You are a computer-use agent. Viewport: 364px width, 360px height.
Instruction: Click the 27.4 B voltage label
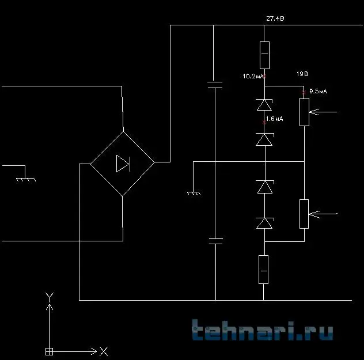click(275, 19)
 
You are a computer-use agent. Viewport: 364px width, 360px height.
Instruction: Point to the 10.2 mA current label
click(253, 76)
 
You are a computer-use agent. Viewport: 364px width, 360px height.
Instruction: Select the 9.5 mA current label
click(318, 91)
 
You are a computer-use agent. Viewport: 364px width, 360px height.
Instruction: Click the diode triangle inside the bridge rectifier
click(123, 164)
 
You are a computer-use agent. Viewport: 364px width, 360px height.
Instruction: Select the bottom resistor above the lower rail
click(264, 269)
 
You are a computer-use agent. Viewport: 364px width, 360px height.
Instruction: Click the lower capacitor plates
click(215, 240)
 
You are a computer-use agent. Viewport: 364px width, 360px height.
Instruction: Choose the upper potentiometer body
click(304, 112)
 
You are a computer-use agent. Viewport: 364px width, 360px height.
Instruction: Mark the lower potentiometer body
click(304, 214)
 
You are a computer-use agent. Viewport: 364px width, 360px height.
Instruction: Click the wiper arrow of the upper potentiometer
click(324, 112)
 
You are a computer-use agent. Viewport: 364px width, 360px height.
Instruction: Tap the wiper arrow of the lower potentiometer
click(324, 214)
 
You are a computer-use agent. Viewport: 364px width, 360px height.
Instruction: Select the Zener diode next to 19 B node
click(264, 105)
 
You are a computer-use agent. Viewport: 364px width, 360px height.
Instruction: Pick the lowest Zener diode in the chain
click(264, 223)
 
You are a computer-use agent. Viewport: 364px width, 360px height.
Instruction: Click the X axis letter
click(103, 351)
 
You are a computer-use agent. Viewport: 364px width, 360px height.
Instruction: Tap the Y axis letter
click(50, 297)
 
